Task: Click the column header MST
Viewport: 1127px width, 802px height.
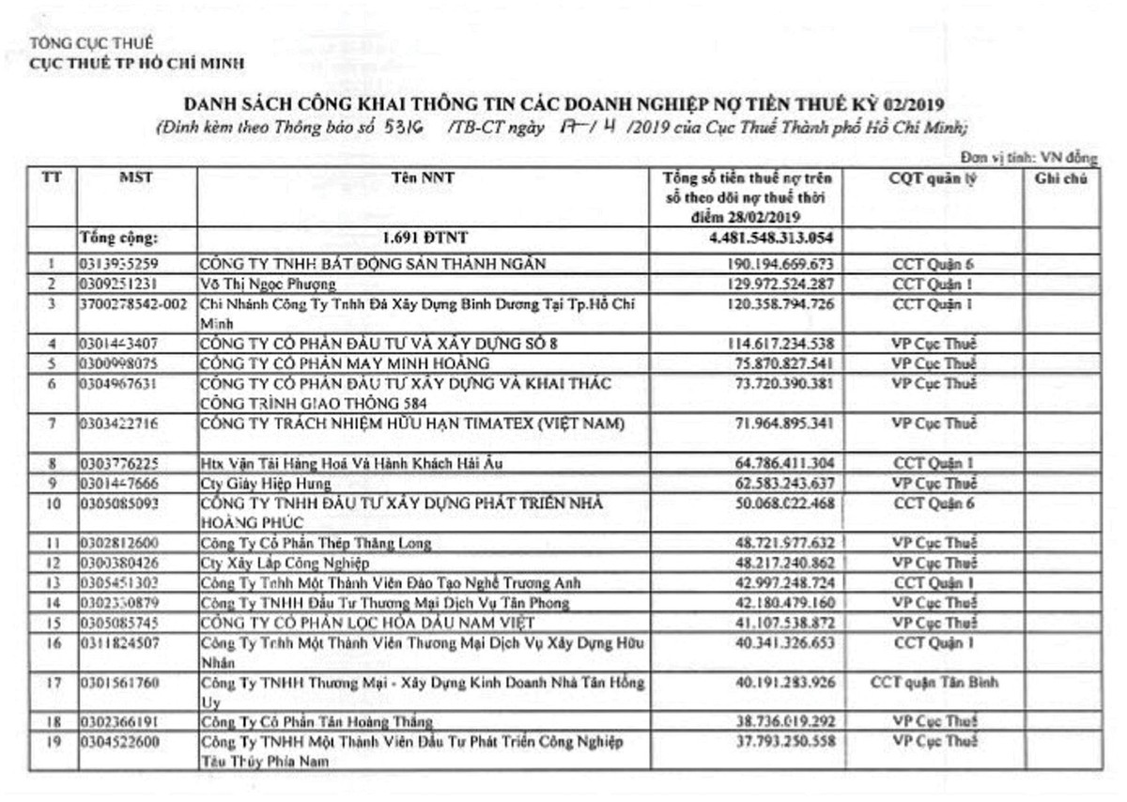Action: click(136, 177)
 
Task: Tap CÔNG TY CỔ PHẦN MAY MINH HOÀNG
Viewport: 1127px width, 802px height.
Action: click(358, 363)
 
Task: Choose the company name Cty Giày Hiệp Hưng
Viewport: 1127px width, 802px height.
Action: click(266, 484)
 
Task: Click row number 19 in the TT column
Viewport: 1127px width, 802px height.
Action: click(54, 742)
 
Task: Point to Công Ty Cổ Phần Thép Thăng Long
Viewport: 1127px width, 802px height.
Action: click(316, 544)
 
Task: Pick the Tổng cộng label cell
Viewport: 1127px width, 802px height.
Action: click(119, 238)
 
